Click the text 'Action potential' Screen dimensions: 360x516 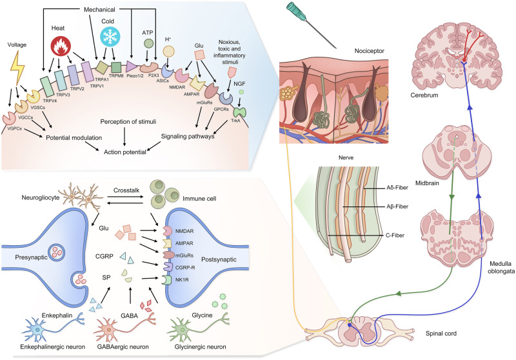123,152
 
